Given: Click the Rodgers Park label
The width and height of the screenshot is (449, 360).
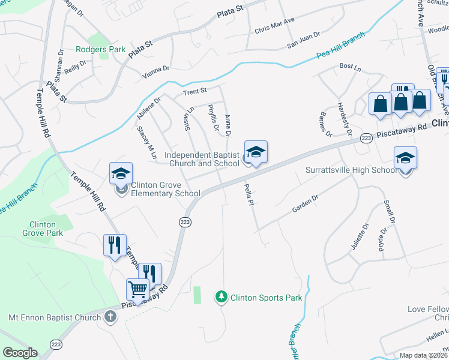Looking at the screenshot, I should [x=101, y=49].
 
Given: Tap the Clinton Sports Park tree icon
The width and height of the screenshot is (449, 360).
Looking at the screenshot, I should [x=222, y=297].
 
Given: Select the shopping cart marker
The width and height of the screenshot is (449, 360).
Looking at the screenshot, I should [x=138, y=290].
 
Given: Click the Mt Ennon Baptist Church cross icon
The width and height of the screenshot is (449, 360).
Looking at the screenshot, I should [x=110, y=316].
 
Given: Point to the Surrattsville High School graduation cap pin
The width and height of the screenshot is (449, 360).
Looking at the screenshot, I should [x=406, y=158].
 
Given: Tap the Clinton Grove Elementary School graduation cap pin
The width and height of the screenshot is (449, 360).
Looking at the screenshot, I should [x=121, y=174].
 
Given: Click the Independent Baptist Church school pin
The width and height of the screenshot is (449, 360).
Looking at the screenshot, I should [x=256, y=152].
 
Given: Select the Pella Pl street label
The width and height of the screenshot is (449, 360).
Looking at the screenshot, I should [x=246, y=195].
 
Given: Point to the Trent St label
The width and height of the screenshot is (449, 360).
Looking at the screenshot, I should [x=194, y=91].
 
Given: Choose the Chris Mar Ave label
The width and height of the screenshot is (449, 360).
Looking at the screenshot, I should [x=274, y=25].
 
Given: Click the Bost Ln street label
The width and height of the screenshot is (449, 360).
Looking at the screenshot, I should [x=348, y=65].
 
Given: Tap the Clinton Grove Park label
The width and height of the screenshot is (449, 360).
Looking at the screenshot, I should [x=43, y=229].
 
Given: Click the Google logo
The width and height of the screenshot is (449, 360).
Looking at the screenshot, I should [x=20, y=353].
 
